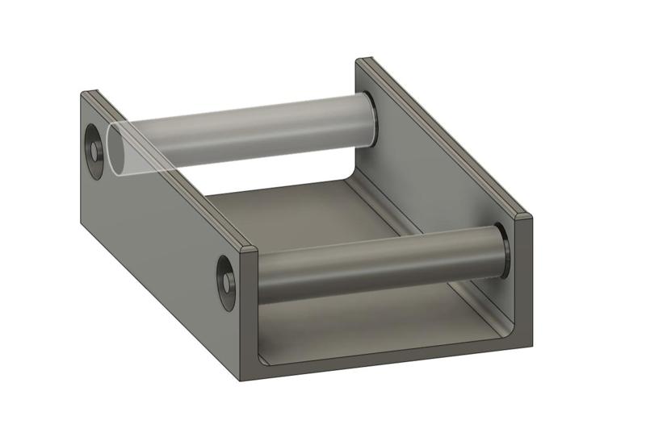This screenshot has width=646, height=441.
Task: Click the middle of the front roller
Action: [380, 266]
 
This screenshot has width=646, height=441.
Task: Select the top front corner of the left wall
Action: [250, 247]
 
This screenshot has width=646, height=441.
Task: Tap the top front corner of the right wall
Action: [525, 217]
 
